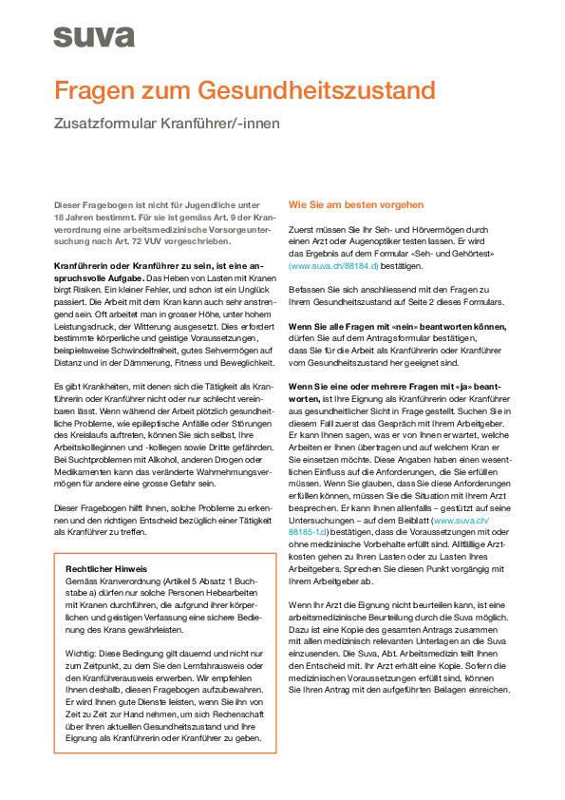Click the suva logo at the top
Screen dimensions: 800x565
click(93, 36)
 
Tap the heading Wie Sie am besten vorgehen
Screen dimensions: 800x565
click(356, 204)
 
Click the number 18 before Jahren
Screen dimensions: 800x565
click(60, 218)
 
